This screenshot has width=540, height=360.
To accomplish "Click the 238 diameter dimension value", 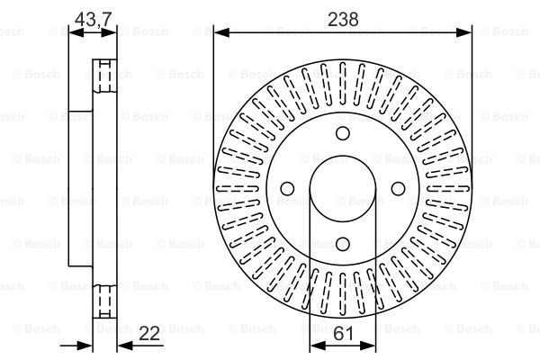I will click(x=343, y=16).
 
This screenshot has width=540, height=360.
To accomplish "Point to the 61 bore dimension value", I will click(x=343, y=334).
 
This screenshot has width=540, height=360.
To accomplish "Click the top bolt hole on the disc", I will click(x=343, y=134).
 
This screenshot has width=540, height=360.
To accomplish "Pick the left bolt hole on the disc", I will click(x=288, y=189).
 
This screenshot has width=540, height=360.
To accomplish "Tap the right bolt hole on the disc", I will click(x=398, y=189).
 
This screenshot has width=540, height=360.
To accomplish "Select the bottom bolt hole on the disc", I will click(x=343, y=244).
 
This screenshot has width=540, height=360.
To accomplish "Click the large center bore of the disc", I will click(x=343, y=189).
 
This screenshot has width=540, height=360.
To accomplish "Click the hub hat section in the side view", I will click(x=81, y=189).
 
